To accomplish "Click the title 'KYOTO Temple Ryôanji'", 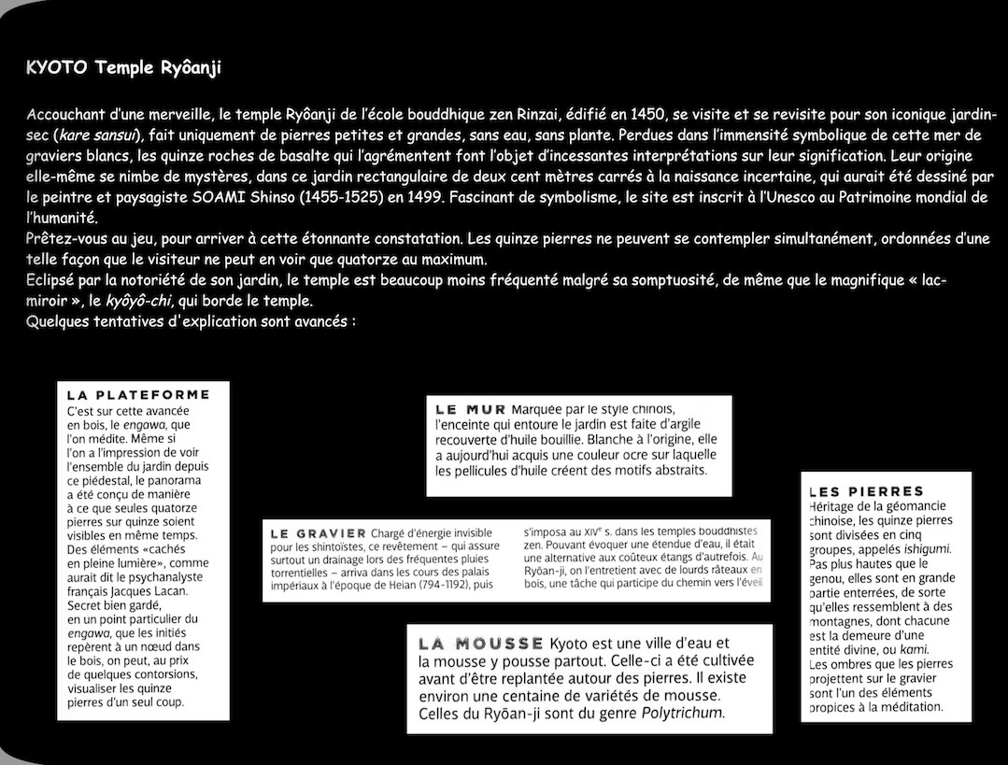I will pos(123,68).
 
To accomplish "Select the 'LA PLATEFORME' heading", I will pos(137,394).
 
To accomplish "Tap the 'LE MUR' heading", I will pos(471,409).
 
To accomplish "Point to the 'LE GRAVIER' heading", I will pos(318,533).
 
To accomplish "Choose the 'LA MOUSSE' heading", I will pos(481,643).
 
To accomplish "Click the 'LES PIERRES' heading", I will pos(866,491).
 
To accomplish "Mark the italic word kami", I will pos(901,648).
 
